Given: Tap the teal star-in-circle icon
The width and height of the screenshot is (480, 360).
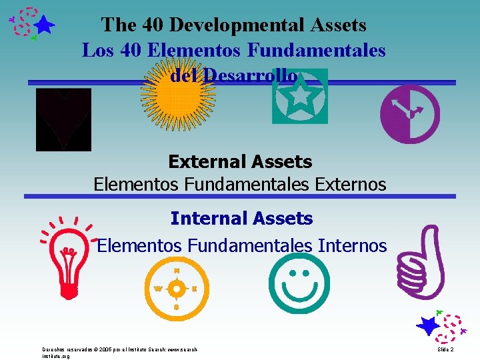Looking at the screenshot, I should coord(300,97).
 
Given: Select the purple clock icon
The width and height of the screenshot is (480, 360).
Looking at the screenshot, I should coord(409,114).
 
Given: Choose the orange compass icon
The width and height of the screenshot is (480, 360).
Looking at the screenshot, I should coord(177,289).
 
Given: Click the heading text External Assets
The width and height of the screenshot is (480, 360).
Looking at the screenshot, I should coord(240,161).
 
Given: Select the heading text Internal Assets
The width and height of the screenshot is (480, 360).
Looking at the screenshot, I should coord(241,218).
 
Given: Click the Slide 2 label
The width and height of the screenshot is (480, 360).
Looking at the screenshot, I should coord(446,349).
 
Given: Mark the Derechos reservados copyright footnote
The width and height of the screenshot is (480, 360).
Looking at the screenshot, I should coord(120,352).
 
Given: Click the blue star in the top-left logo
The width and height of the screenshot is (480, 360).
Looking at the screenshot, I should coord(44,25).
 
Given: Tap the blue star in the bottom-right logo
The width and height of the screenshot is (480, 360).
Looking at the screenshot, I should coord(428,326).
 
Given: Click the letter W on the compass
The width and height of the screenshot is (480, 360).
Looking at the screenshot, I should coord(158,289).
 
